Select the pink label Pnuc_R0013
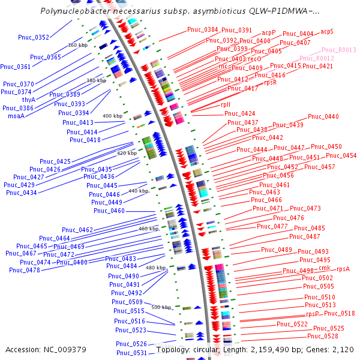point(339,50)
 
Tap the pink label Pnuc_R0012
point(317,58)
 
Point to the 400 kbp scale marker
point(112,116)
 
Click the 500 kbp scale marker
point(161,307)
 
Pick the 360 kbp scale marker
point(78,45)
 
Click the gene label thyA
point(29,100)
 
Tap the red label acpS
point(327,31)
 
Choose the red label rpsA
point(343,269)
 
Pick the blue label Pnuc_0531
point(132,353)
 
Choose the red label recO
point(254,59)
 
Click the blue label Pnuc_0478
point(25,270)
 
